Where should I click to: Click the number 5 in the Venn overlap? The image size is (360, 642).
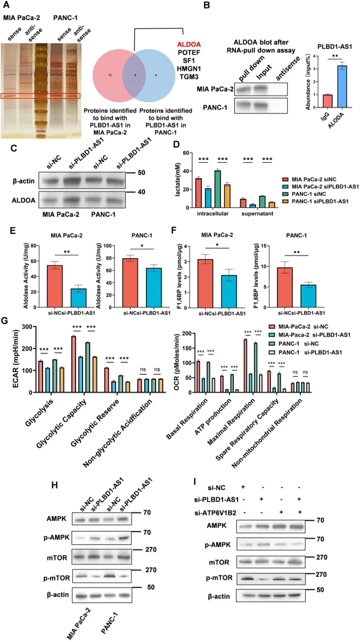136,76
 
